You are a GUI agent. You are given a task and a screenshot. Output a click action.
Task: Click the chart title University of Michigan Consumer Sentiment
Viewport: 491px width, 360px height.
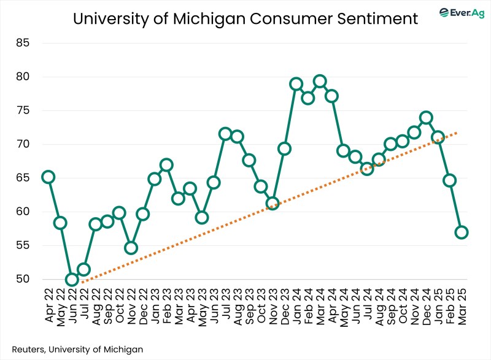click(x=245, y=18)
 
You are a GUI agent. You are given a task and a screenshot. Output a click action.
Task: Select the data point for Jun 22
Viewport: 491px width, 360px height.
click(x=72, y=280)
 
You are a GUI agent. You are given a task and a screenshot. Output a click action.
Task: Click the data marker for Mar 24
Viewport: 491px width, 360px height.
click(x=320, y=81)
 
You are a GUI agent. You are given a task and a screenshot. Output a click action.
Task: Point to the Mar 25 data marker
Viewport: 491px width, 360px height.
click(x=462, y=232)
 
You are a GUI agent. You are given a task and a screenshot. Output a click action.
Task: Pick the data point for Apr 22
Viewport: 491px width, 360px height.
click(x=48, y=177)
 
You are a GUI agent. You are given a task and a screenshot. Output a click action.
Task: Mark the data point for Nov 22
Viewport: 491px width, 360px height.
click(x=131, y=248)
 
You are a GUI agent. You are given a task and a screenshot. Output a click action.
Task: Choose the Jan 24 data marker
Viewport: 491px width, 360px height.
click(x=296, y=84)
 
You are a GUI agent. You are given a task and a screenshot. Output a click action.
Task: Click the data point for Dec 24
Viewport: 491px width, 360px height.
click(x=426, y=118)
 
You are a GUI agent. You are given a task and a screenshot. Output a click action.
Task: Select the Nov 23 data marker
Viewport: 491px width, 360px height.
click(x=273, y=204)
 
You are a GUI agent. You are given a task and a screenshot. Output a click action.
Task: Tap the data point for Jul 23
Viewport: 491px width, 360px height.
click(x=225, y=134)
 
